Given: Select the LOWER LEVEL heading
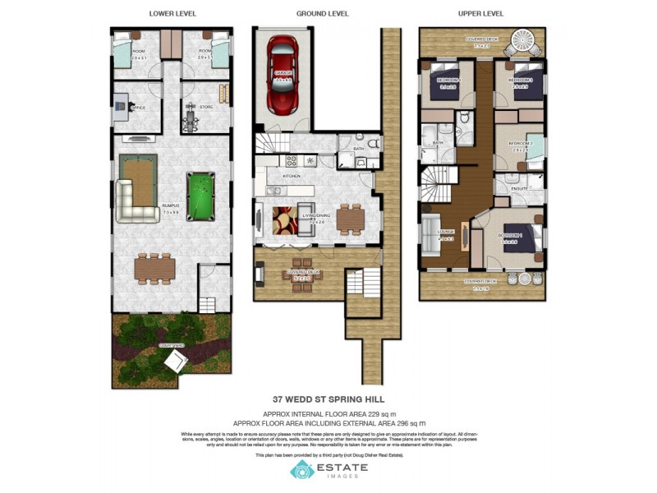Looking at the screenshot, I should [172, 14].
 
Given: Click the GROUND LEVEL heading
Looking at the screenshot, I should [322, 14].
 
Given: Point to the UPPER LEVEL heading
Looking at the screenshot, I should [480, 14].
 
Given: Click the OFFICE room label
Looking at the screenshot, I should [138, 108].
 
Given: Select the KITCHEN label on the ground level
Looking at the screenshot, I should [292, 177].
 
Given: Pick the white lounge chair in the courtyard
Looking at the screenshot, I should [177, 362].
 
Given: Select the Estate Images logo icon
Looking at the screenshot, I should [301, 469].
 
